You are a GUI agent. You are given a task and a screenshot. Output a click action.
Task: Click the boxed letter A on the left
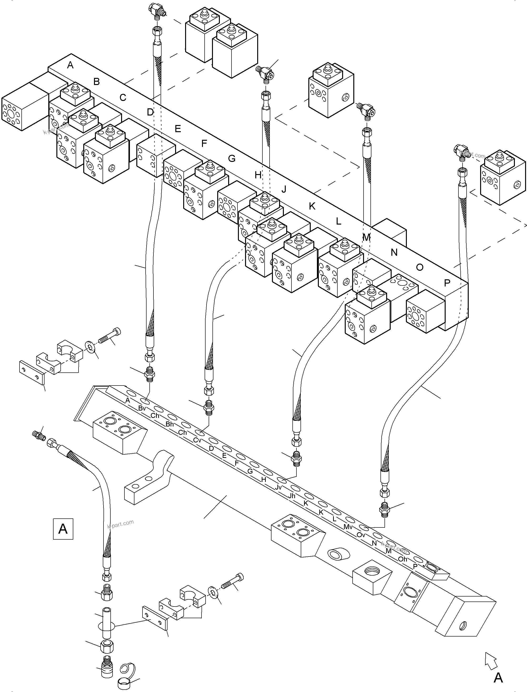click(x=63, y=529)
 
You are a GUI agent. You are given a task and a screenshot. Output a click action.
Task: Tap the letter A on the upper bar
click(x=70, y=65)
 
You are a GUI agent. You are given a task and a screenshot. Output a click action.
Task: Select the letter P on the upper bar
click(x=447, y=283)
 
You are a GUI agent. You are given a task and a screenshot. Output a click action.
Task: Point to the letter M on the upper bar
click(x=366, y=237)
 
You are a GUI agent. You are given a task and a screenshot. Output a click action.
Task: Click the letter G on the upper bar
click(x=231, y=159)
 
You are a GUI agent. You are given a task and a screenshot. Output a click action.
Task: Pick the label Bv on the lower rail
click(x=142, y=408)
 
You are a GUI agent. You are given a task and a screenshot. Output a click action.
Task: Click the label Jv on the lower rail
click(x=278, y=487)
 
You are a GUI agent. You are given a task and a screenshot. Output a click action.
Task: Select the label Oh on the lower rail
click(x=403, y=559)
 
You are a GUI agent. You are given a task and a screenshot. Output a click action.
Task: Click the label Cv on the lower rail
click(x=197, y=440)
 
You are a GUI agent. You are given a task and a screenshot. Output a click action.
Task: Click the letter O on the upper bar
click(x=419, y=267)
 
